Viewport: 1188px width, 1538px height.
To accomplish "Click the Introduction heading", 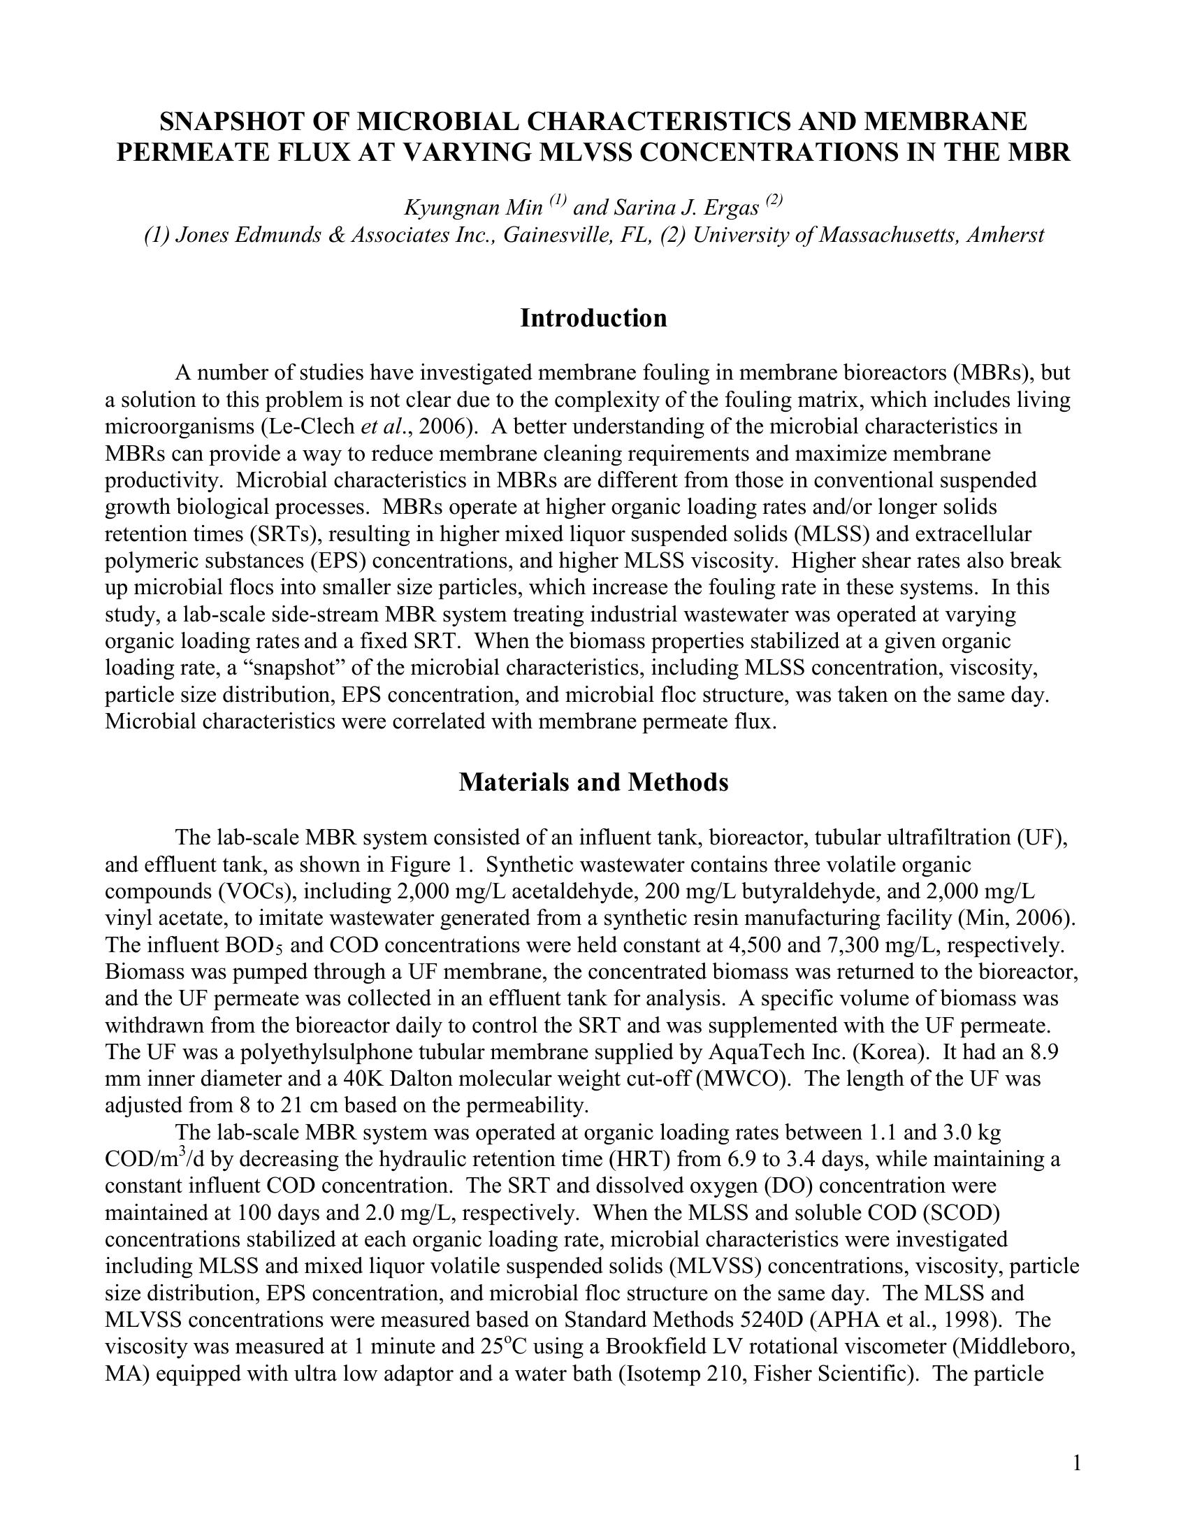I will pyautogui.click(x=593, y=318).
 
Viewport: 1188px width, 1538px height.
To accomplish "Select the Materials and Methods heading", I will pyautogui.click(x=593, y=782).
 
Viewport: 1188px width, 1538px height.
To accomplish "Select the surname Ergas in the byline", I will pyautogui.click(x=733, y=208).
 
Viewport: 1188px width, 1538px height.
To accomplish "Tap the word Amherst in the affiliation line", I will pyautogui.click(x=1006, y=235).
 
